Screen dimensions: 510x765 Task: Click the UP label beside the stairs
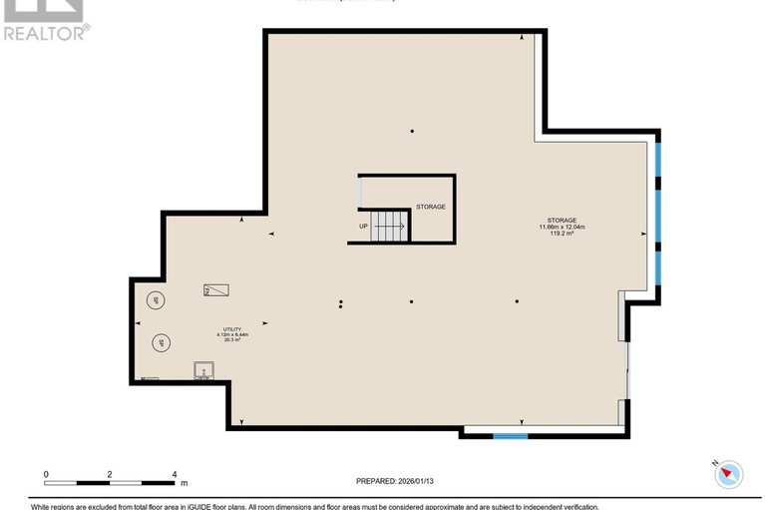(363, 227)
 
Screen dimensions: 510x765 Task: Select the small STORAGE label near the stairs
(431, 207)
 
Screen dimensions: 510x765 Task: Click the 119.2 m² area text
(562, 235)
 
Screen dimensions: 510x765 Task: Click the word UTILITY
(230, 328)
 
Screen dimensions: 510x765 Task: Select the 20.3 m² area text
(230, 340)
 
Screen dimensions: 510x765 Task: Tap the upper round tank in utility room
(158, 299)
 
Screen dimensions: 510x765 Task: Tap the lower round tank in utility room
(161, 343)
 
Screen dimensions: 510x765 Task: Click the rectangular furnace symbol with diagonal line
(216, 290)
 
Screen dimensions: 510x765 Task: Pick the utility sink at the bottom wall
(203, 372)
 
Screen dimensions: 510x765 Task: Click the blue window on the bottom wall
(511, 436)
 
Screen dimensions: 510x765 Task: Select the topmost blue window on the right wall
(658, 161)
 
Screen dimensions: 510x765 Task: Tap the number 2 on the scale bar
(110, 475)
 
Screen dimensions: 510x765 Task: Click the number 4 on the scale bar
(175, 475)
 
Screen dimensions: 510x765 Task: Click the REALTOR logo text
(46, 32)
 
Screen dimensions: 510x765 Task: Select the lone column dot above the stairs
(412, 131)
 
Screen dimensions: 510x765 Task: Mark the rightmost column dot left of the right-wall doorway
(517, 300)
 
